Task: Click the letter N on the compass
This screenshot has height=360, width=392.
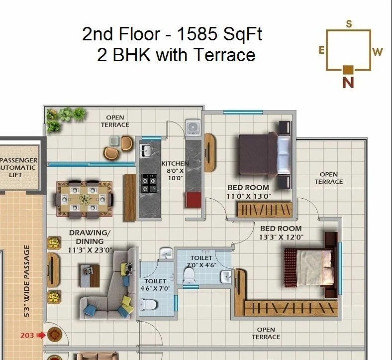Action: tap(348, 82)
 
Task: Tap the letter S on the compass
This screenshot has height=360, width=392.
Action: tap(349, 23)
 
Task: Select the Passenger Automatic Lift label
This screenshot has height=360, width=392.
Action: tap(18, 168)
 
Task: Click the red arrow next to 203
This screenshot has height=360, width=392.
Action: tap(41, 335)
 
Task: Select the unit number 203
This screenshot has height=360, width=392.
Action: tap(27, 335)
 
